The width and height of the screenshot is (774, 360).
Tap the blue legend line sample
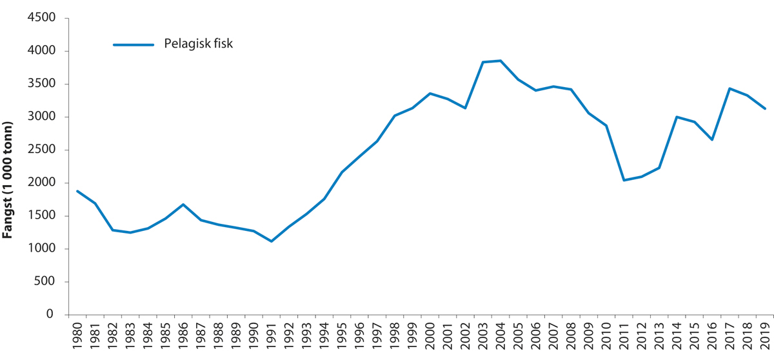click(134, 45)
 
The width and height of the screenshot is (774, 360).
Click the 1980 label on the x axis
click(77, 338)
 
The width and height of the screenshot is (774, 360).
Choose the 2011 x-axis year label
click(624, 338)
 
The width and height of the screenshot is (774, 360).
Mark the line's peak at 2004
click(501, 61)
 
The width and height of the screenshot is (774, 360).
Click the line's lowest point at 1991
click(272, 241)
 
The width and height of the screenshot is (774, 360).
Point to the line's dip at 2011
click(624, 180)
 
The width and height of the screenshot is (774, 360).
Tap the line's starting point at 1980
click(77, 191)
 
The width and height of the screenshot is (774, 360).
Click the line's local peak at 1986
click(183, 205)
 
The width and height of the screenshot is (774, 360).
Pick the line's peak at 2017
click(729, 88)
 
